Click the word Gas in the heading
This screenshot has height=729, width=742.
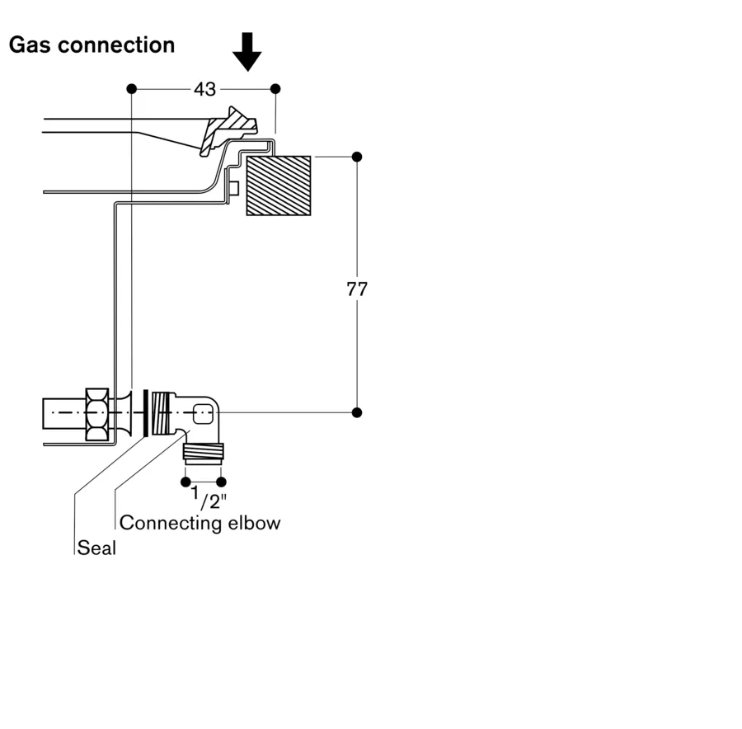tap(31, 45)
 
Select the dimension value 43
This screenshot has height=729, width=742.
tap(204, 88)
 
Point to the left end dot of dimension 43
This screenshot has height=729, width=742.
tap(131, 88)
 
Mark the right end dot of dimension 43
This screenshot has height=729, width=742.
tap(275, 88)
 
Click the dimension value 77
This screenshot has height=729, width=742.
tap(357, 289)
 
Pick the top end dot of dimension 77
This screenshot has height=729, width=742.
tap(357, 157)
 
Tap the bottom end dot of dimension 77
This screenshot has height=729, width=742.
tap(357, 412)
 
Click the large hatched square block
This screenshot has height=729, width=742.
tap(279, 186)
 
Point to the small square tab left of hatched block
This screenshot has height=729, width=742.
tap(233, 189)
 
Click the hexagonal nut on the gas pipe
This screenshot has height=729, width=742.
tap(96, 411)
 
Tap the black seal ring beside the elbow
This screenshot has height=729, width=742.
tap(146, 412)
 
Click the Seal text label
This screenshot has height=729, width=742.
tap(96, 547)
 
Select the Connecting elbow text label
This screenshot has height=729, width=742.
tap(200, 523)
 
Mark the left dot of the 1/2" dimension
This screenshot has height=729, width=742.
tap(185, 482)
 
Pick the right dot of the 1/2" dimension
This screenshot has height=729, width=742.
tap(221, 482)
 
